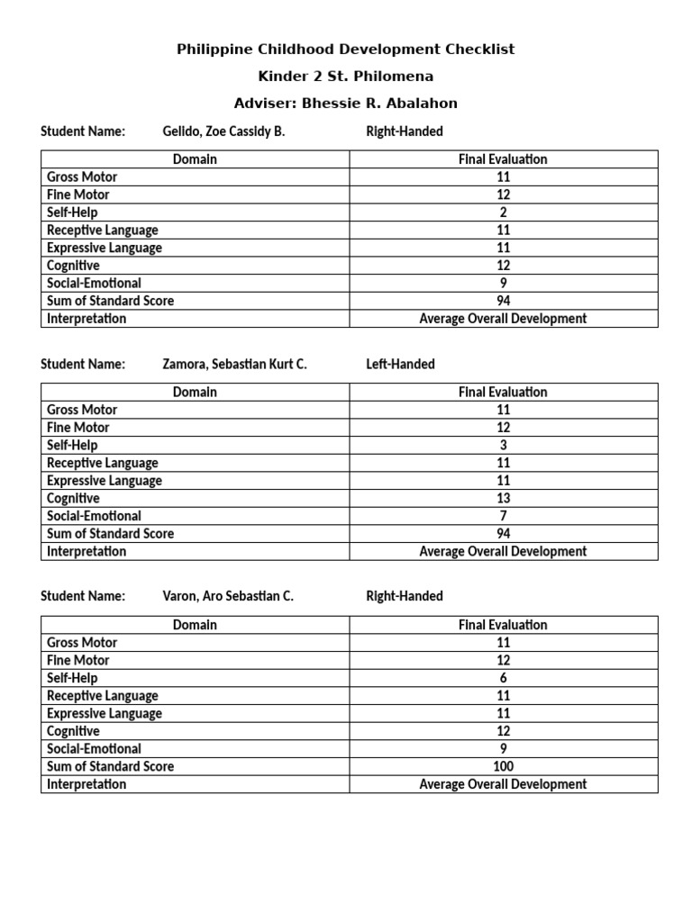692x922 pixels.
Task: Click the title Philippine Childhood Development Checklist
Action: pyautogui.click(x=346, y=50)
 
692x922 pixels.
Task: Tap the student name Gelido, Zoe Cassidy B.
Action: pyautogui.click(x=223, y=131)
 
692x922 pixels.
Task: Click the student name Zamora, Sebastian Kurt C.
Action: pyautogui.click(x=234, y=365)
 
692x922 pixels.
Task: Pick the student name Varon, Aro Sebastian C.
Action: pyautogui.click(x=228, y=596)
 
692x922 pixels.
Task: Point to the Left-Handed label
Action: pyautogui.click(x=400, y=365)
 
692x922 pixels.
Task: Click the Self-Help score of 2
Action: pyautogui.click(x=503, y=212)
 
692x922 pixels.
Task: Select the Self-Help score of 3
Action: pyautogui.click(x=503, y=445)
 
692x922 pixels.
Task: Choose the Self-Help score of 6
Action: pyautogui.click(x=503, y=678)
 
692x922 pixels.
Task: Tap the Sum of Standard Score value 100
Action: pyautogui.click(x=503, y=766)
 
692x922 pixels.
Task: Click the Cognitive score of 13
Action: pyautogui.click(x=503, y=498)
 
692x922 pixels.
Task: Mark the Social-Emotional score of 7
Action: pyautogui.click(x=503, y=516)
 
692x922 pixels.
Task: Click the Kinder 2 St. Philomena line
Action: pyautogui.click(x=346, y=77)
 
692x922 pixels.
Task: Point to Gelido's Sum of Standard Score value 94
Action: pyautogui.click(x=503, y=301)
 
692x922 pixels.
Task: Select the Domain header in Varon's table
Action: pyautogui.click(x=195, y=625)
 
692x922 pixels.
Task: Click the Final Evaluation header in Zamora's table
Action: pyautogui.click(x=503, y=393)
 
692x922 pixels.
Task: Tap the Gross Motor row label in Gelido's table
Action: pyautogui.click(x=82, y=177)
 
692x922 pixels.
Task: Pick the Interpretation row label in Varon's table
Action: pyautogui.click(x=86, y=784)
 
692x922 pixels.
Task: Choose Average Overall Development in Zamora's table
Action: pyautogui.click(x=503, y=551)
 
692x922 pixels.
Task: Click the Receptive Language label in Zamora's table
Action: pyautogui.click(x=103, y=463)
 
